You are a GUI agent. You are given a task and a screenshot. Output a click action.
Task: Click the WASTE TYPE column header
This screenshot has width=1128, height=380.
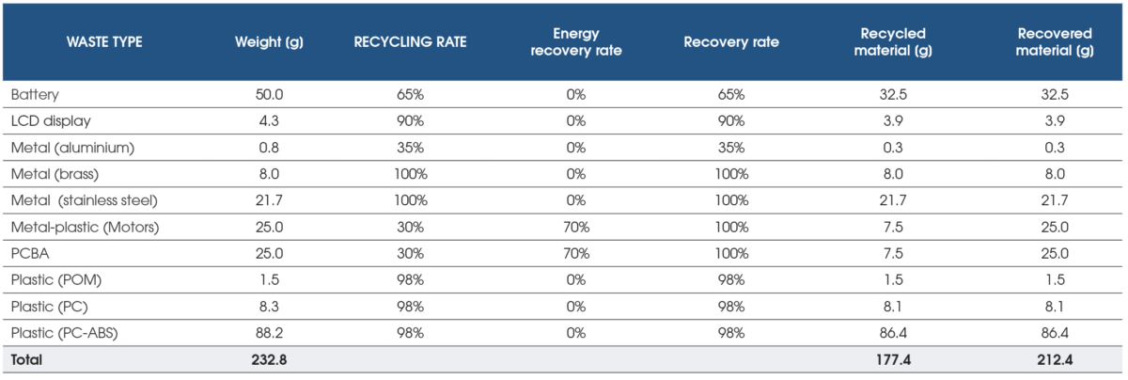[x=104, y=42]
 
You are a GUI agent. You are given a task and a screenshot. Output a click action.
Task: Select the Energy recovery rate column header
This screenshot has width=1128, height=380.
[x=576, y=42]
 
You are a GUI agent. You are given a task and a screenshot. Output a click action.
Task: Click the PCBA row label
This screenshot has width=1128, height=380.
[x=27, y=253]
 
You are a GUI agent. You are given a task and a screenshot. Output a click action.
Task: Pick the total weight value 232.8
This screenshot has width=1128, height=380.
[x=269, y=359]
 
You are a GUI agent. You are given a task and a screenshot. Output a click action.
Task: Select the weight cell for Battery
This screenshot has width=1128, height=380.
[x=269, y=95]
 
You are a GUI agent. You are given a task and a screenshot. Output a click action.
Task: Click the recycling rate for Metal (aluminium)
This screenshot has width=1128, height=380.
[x=410, y=148]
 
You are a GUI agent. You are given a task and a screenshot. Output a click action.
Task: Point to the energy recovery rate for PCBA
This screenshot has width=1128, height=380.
[x=576, y=253]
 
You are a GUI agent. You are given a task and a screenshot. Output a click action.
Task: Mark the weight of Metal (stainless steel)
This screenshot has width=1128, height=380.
[x=269, y=200]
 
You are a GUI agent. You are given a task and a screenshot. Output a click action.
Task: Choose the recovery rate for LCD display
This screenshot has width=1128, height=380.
[x=730, y=121]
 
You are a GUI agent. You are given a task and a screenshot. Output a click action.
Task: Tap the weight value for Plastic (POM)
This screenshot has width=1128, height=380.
[x=269, y=279]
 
